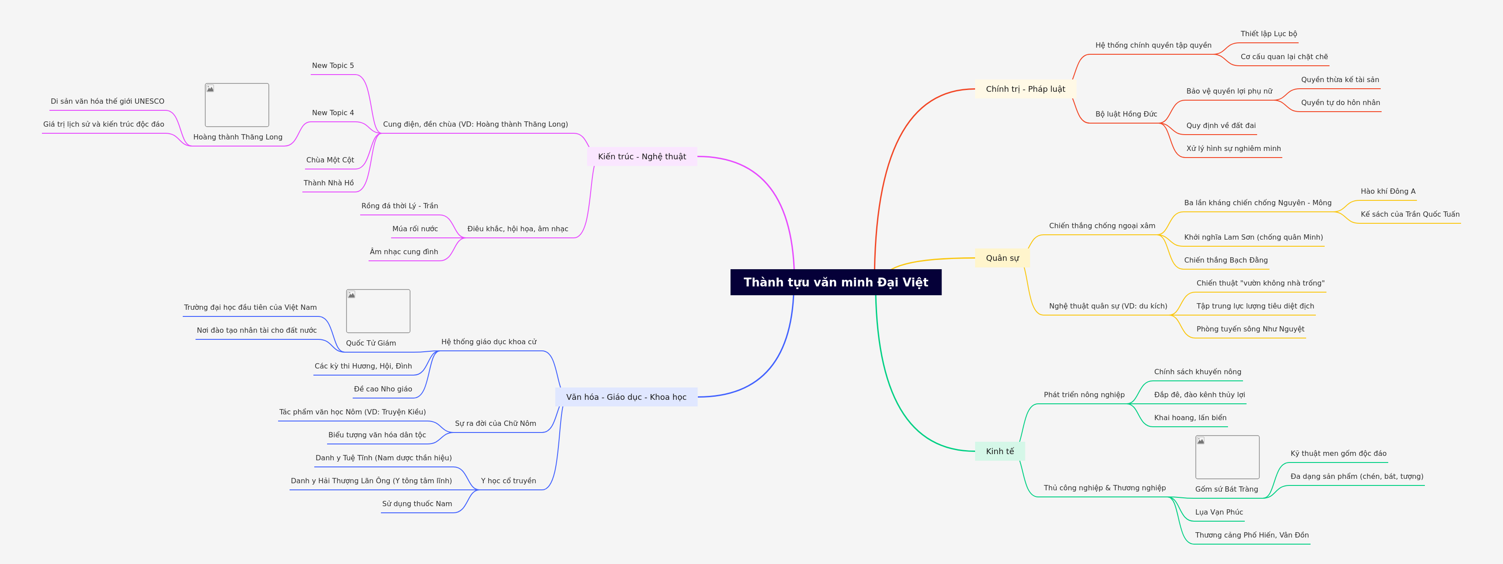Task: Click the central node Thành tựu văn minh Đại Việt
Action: click(x=836, y=282)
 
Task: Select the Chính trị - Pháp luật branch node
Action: click(x=1025, y=89)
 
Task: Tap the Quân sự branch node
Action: click(x=1002, y=258)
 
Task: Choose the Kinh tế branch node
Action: click(x=999, y=451)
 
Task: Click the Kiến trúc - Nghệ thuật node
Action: click(x=642, y=156)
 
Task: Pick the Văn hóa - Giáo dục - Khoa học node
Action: click(x=626, y=397)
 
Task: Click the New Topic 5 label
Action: click(x=332, y=66)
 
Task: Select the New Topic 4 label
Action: click(x=332, y=113)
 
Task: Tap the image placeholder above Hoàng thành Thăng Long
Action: click(x=237, y=105)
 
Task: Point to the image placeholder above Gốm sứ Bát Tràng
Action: click(x=1227, y=457)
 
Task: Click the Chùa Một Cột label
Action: click(x=330, y=160)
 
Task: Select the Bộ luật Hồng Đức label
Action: click(x=1126, y=114)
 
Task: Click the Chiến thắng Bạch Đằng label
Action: click(x=1225, y=260)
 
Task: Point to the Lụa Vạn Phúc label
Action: click(x=1219, y=512)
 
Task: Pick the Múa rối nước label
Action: click(x=415, y=229)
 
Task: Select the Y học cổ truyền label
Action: click(x=508, y=481)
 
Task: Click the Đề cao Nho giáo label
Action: click(x=383, y=389)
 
